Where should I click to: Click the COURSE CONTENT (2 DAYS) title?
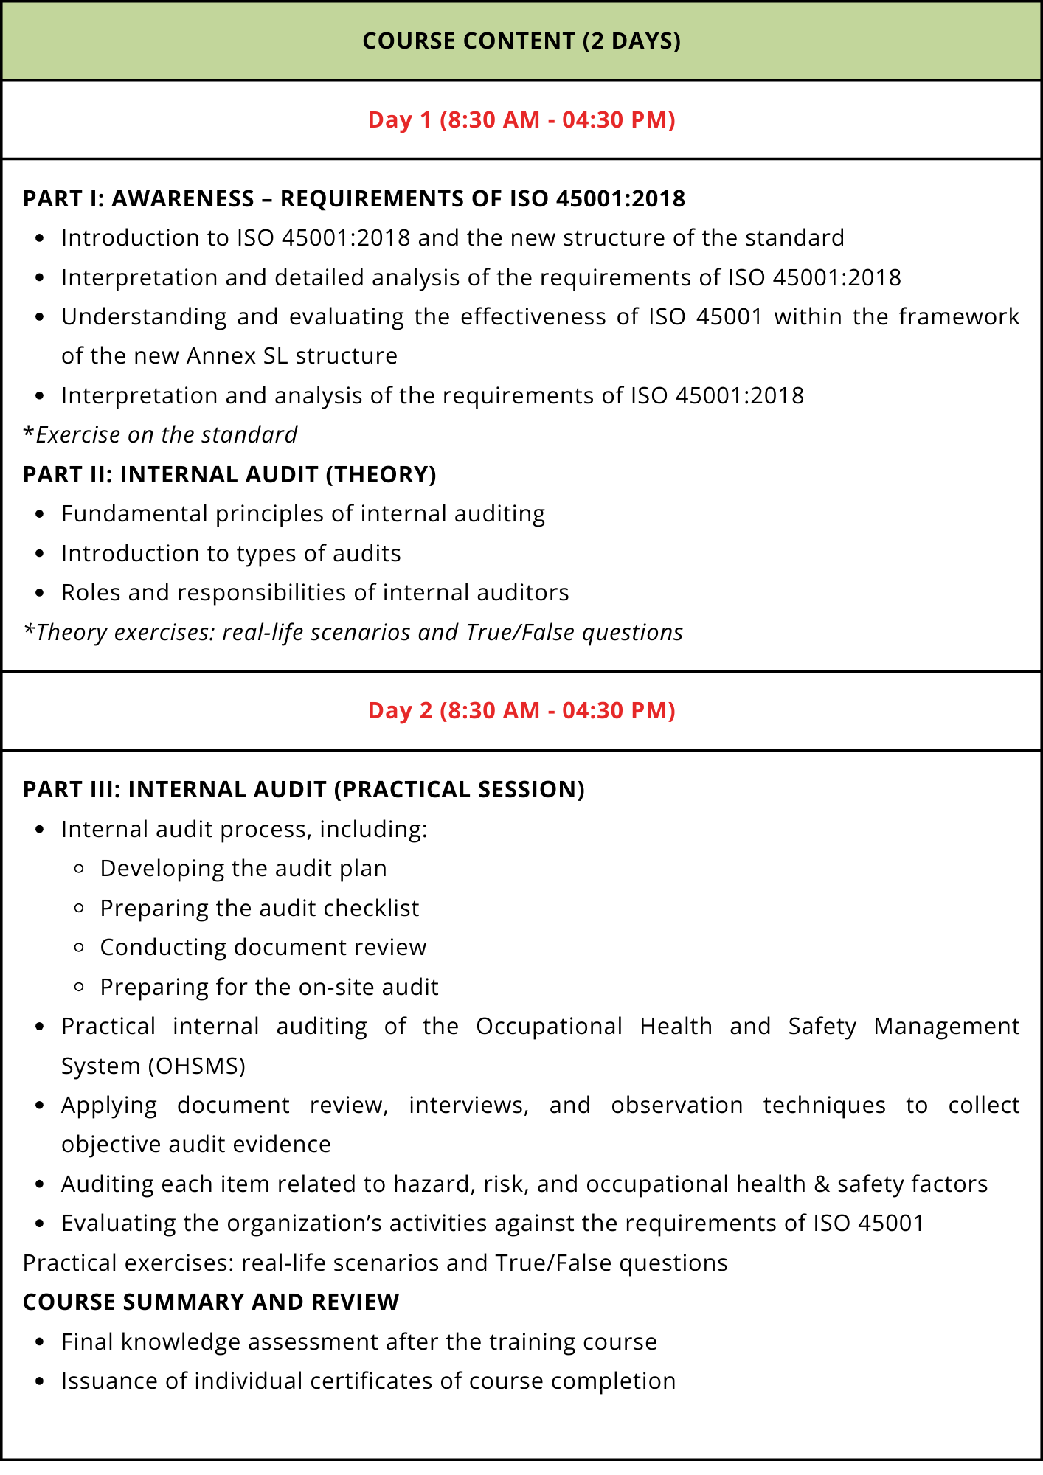click(521, 41)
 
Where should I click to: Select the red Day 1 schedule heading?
click(521, 119)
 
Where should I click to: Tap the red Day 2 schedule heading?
click(521, 710)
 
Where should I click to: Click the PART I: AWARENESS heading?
click(354, 198)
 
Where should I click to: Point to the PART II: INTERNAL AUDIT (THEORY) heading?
click(229, 474)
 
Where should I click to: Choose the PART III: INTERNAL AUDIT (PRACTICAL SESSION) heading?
click(304, 789)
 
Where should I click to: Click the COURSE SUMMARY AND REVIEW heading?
click(211, 1302)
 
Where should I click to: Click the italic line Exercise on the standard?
click(160, 434)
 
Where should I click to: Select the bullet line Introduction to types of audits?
click(231, 553)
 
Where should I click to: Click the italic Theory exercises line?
click(353, 632)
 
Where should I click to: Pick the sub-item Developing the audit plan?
click(243, 868)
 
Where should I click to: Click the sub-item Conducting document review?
click(263, 947)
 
